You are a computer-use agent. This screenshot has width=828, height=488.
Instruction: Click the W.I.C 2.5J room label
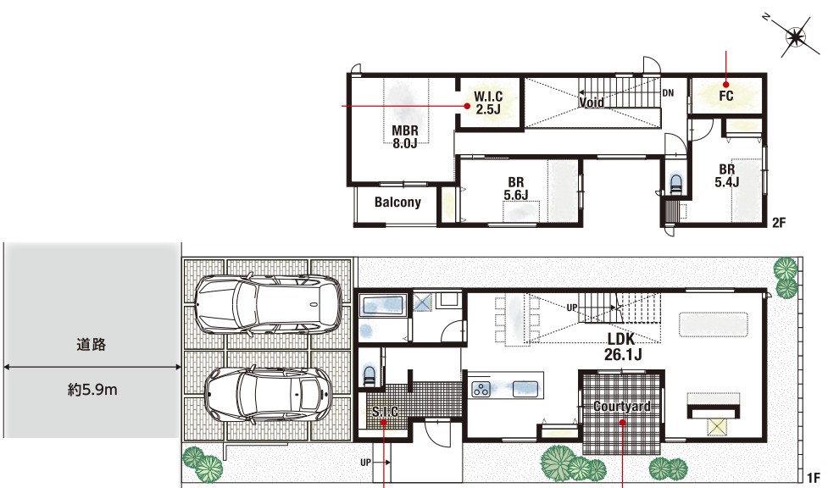[x=488, y=103]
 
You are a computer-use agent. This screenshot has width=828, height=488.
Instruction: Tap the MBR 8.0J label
[x=405, y=136]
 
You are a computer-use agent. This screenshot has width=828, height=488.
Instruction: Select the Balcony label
[x=397, y=202]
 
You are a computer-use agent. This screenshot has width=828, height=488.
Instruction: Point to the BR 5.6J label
[x=516, y=189]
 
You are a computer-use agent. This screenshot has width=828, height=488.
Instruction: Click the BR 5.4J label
[x=727, y=176]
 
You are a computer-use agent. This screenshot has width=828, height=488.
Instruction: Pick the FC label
[x=726, y=96]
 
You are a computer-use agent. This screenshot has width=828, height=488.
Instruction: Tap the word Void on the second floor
[x=592, y=102]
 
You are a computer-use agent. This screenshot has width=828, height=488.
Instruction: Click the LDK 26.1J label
[x=623, y=347]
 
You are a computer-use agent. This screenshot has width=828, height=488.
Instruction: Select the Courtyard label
[x=622, y=406]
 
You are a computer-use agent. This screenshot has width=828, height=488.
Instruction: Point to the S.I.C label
[x=385, y=412]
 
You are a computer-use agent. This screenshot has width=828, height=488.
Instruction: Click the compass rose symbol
[x=796, y=37]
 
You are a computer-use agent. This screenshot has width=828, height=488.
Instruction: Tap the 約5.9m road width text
[x=92, y=390]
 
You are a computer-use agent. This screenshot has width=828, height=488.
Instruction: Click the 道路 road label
[x=92, y=345]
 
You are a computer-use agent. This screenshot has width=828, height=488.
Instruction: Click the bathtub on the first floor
[x=381, y=306]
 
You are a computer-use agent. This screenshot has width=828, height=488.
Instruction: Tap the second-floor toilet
[x=676, y=183]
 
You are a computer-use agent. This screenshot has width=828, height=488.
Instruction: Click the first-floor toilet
[x=370, y=375]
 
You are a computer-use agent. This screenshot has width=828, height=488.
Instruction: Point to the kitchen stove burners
[x=481, y=389]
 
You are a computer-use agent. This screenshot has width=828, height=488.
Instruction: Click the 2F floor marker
[x=779, y=222]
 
